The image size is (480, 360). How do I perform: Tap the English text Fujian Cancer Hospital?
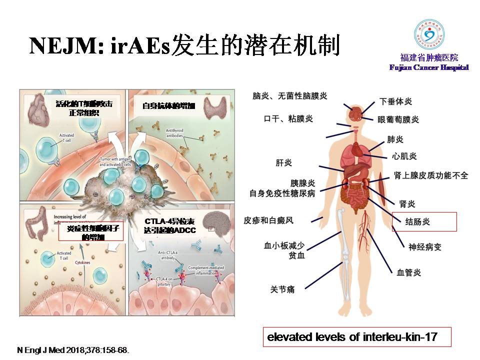pyautogui.click(x=429, y=67)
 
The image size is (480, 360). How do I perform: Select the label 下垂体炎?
pyautogui.click(x=396, y=101)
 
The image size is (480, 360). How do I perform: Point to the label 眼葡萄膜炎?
pyautogui.click(x=398, y=119)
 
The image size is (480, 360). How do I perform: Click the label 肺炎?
pyautogui.click(x=395, y=138)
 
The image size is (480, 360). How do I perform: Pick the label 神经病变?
pyautogui.click(x=425, y=247)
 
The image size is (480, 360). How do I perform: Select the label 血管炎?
pyautogui.click(x=408, y=272)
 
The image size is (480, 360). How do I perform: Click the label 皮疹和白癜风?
pyautogui.click(x=275, y=219)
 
